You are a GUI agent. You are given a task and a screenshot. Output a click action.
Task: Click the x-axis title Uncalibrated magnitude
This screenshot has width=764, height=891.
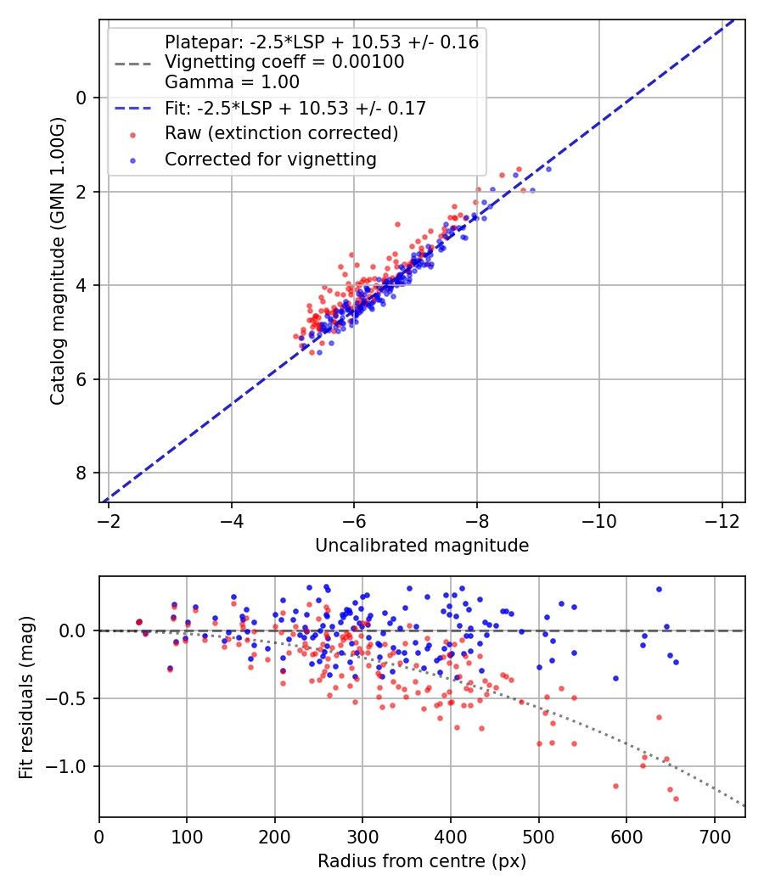click(422, 546)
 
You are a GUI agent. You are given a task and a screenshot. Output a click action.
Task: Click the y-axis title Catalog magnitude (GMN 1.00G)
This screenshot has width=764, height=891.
click(57, 261)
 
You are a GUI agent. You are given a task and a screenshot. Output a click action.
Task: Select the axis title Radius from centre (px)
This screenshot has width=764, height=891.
click(422, 861)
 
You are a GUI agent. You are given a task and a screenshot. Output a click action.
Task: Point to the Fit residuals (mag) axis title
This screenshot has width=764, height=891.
click(26, 697)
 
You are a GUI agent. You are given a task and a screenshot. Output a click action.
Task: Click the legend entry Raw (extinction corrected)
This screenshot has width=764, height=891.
click(281, 133)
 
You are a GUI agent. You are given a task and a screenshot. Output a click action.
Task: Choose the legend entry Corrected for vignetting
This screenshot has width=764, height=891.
click(270, 159)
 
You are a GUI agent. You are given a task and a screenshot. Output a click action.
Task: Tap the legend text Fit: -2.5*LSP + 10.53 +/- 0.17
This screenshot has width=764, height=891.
click(295, 108)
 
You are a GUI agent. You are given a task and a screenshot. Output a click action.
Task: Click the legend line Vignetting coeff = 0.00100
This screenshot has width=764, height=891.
click(284, 62)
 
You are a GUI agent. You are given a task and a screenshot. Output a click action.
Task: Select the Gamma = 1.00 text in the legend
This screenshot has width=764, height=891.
click(232, 82)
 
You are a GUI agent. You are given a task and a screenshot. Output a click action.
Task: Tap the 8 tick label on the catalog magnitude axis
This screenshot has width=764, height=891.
click(82, 473)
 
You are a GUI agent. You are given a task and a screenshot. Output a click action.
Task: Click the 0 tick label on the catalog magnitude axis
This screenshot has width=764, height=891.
click(82, 98)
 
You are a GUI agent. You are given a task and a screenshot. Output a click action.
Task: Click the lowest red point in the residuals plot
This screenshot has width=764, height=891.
click(676, 799)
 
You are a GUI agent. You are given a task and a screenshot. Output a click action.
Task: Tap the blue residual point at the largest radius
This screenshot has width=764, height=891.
click(676, 662)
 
